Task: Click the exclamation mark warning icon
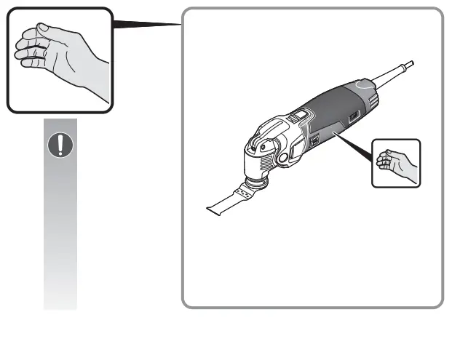tap(60, 145)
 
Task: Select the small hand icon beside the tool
tap(396, 162)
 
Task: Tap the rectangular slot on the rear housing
tap(354, 116)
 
